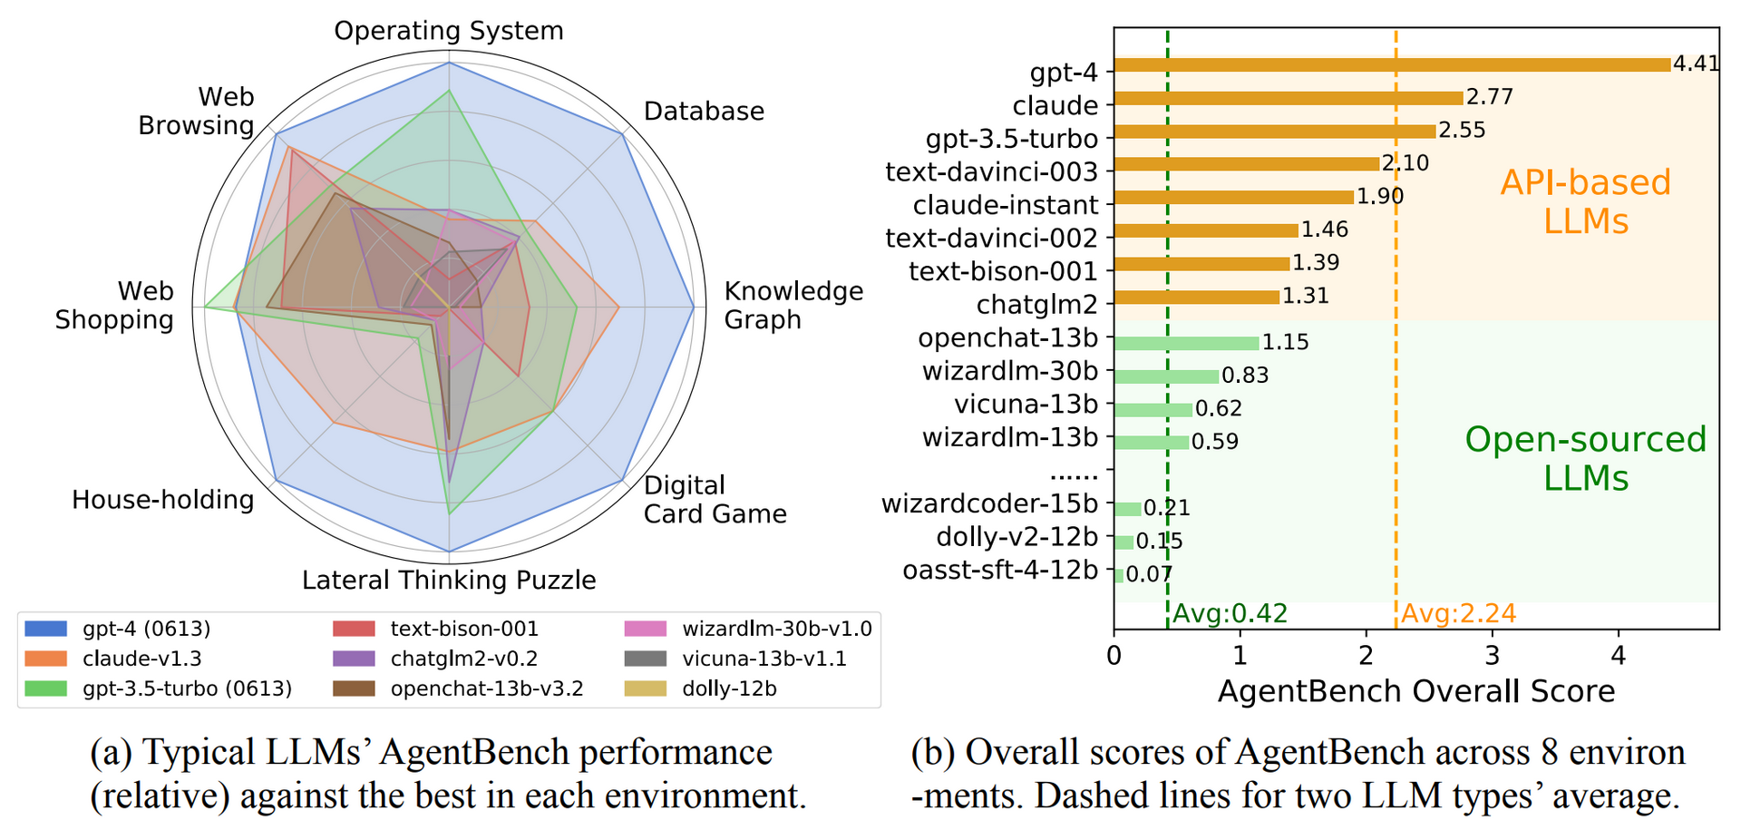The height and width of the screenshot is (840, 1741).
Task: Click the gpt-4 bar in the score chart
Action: (1392, 65)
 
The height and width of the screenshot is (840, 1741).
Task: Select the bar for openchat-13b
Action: (1186, 343)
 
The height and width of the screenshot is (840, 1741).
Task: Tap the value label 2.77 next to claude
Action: (1490, 97)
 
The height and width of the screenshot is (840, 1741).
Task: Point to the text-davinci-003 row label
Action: (991, 171)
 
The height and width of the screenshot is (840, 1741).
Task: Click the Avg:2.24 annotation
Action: (1459, 613)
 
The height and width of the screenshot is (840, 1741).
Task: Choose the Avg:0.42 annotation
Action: (1230, 613)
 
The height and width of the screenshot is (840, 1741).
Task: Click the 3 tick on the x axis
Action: (1493, 654)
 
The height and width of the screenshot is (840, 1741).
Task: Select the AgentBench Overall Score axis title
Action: (1416, 691)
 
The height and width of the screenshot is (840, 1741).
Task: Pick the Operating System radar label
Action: (449, 31)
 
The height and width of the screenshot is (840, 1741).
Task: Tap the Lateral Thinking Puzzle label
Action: (449, 580)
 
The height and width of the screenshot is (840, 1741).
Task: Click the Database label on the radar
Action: (704, 112)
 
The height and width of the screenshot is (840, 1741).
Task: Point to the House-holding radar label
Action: (163, 500)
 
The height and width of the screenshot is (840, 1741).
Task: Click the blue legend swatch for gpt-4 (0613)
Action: (46, 629)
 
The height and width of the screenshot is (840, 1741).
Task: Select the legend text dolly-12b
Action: (729, 689)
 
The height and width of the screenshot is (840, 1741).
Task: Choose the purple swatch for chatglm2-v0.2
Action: (354, 659)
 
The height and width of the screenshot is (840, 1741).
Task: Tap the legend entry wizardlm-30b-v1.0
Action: (776, 629)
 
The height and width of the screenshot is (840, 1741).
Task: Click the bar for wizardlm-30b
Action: (1166, 376)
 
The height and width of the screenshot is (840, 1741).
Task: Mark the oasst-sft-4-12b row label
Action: (1000, 570)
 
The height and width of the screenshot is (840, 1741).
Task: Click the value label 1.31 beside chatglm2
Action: (1306, 297)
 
